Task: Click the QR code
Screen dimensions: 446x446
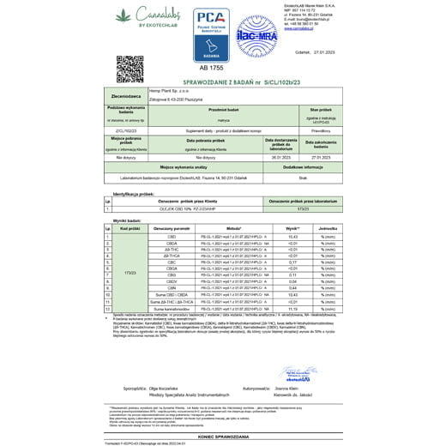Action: (x=130, y=68)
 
